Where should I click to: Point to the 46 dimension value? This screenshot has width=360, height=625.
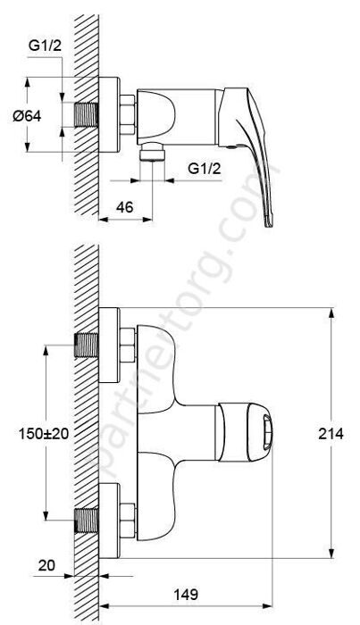coord(125,207)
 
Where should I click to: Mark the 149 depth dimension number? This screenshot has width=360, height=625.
coord(186,593)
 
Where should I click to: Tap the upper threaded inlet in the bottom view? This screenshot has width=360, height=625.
coord(88,344)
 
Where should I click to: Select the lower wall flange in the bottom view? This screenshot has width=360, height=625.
coord(111,518)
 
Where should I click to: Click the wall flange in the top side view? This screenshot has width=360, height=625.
coord(111,116)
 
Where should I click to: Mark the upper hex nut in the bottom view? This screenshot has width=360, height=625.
coord(127,344)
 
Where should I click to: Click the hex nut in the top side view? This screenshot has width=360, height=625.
coord(127,116)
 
